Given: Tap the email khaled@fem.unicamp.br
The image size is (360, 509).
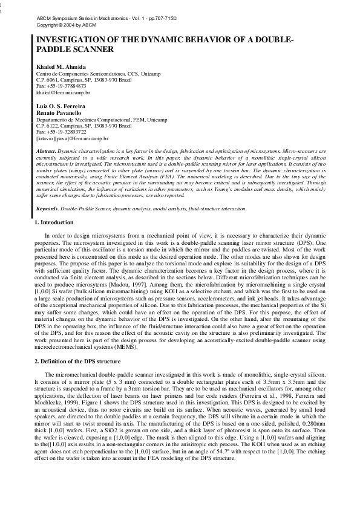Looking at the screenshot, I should (64, 92).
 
